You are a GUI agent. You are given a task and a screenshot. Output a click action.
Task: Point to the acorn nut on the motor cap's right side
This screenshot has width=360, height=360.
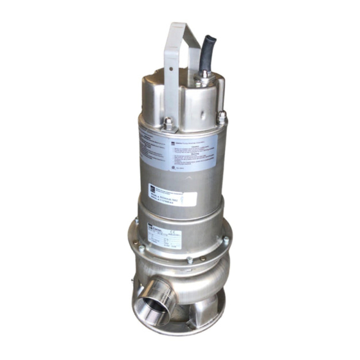(222, 117)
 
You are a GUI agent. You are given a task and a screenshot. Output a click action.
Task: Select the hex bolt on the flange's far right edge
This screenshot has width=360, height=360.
(226, 240)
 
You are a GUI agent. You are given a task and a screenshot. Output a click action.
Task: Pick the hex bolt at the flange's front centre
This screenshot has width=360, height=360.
(189, 260)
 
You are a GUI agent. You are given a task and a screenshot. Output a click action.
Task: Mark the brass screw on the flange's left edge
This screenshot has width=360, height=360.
(136, 222)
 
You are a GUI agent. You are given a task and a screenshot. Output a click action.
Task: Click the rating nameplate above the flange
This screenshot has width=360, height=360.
(164, 237)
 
